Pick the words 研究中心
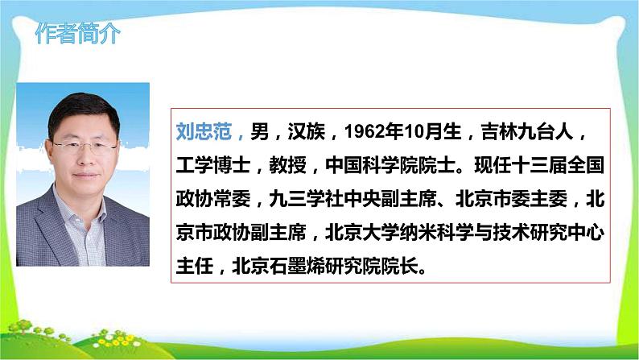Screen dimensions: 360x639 click(x=567, y=231)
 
